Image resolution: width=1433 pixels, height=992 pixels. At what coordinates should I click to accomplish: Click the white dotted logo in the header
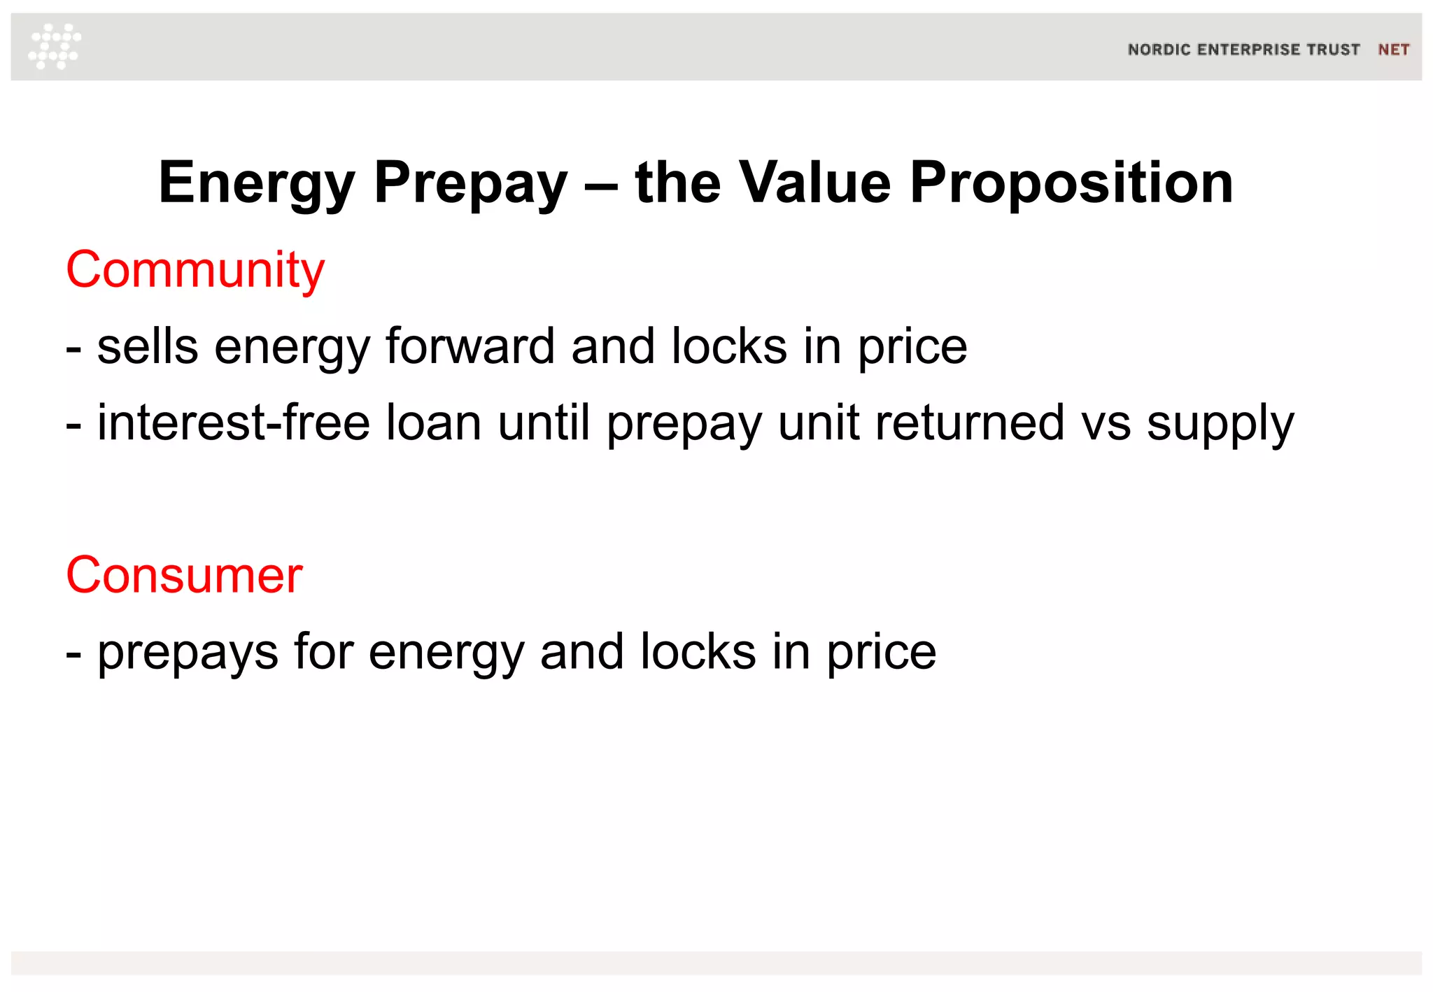pos(55,46)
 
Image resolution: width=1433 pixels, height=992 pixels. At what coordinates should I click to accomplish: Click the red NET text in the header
pos(1393,50)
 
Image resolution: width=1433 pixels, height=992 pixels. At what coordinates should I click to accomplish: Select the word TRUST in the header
pos(1334,50)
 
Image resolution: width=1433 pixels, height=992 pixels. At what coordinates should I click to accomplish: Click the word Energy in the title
pos(257,183)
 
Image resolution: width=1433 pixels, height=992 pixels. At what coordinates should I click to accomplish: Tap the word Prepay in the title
pos(470,183)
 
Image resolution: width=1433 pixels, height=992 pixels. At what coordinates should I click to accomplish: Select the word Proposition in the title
pos(1071,183)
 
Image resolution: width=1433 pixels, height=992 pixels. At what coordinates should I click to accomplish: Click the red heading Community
pos(195,271)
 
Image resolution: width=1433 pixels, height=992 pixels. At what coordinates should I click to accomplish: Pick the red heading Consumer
pos(184,575)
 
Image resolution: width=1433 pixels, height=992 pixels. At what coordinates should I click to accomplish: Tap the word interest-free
pos(234,423)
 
